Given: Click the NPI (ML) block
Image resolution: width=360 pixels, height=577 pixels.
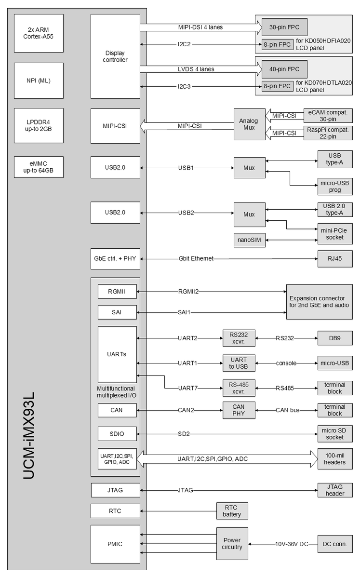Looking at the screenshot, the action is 39,81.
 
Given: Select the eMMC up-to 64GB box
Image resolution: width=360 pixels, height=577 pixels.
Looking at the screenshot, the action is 39,167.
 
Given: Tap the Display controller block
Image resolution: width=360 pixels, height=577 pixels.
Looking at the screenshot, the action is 115,56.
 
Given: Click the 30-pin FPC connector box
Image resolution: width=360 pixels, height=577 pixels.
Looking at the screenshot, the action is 284,27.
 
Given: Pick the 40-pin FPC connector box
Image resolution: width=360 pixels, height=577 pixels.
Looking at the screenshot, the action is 284,69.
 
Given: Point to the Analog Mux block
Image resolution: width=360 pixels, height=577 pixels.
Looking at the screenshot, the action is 249,124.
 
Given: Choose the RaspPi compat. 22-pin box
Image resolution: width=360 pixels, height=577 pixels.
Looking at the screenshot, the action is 328,133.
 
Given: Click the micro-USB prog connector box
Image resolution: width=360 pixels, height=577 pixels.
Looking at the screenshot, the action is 335,187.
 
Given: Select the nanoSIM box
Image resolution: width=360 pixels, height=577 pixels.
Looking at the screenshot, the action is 249,240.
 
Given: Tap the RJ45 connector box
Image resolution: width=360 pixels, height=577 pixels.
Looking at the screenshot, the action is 335,259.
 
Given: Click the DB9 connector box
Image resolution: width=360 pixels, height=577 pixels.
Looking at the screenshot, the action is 335,338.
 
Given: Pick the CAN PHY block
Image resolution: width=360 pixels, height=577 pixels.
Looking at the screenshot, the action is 239,410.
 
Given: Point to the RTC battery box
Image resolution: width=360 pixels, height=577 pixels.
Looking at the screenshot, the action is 232,511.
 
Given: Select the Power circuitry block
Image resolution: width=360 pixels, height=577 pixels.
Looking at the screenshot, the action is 232,544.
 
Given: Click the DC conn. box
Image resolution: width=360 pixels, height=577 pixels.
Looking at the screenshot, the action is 335,544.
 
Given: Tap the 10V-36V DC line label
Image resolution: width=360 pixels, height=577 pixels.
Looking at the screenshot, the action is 292,544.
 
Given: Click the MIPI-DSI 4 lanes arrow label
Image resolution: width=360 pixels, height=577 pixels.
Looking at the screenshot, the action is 200,27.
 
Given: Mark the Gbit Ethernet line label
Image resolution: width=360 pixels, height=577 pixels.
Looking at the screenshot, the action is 196,259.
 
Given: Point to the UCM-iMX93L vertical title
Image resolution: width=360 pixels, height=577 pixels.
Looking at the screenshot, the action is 29,435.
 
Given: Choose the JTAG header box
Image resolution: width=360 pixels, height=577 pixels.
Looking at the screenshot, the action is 335,490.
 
